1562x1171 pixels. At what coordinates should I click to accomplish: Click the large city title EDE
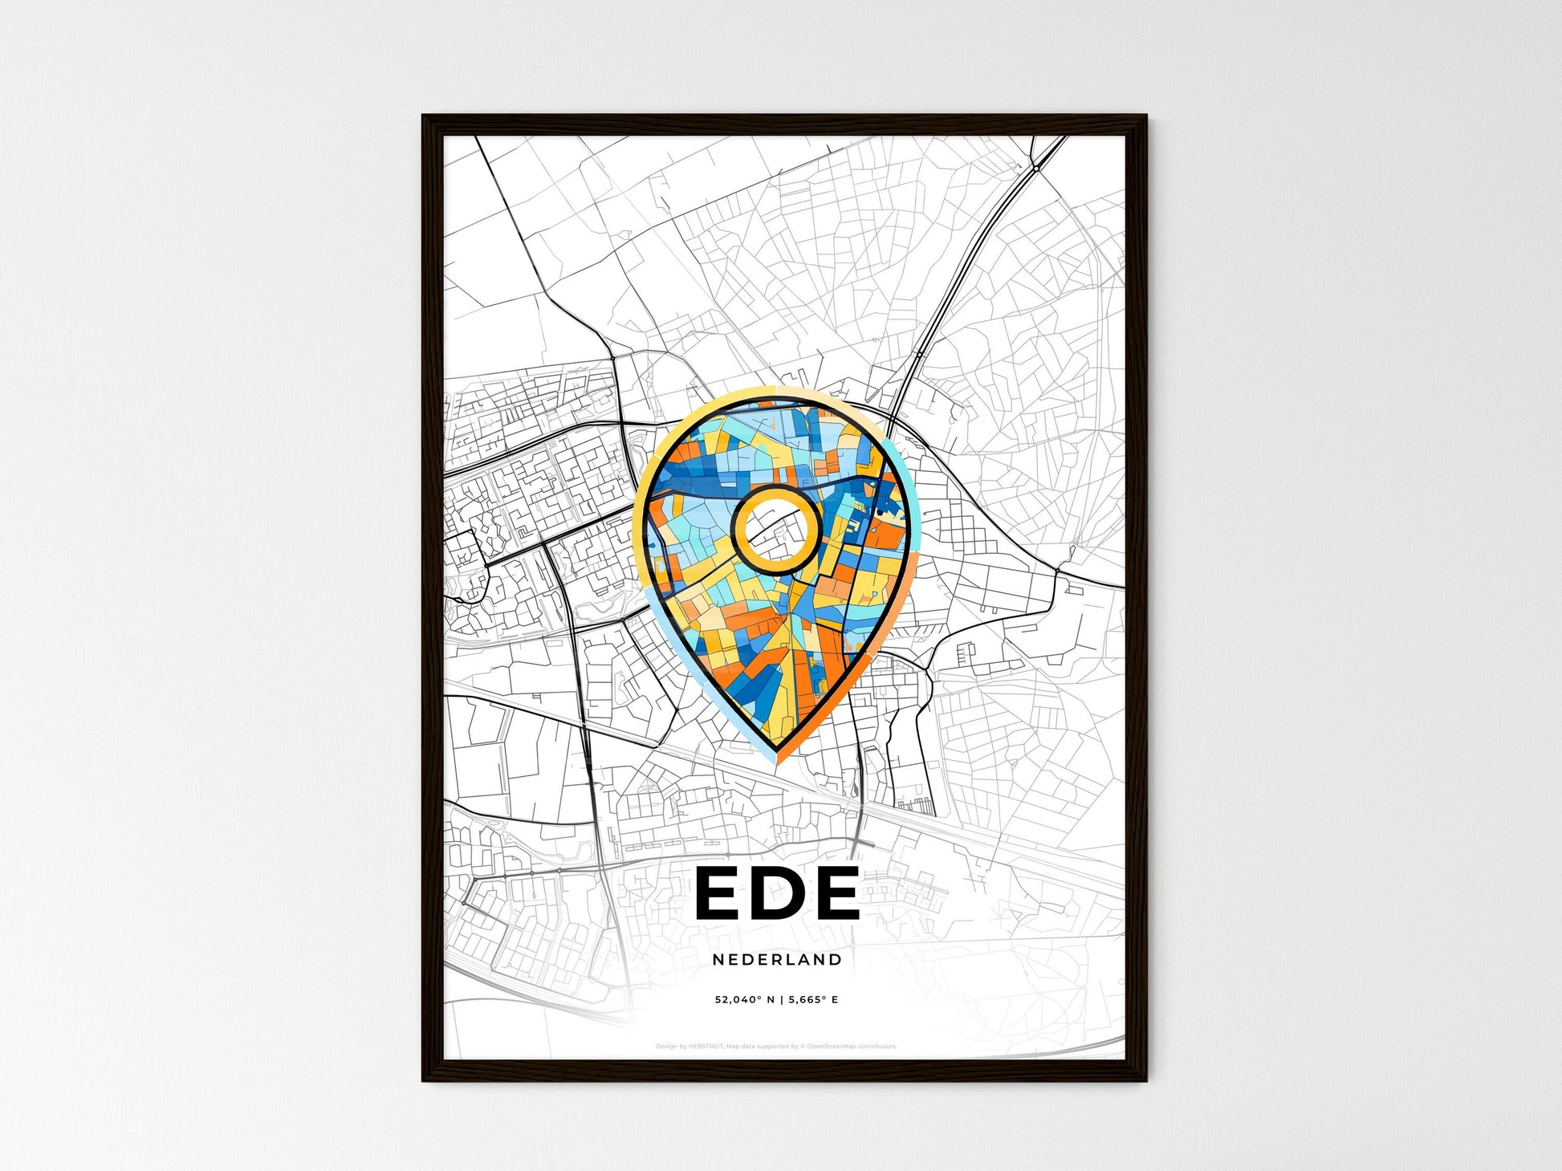click(x=777, y=892)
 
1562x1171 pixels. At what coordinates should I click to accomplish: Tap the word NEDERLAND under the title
click(x=777, y=959)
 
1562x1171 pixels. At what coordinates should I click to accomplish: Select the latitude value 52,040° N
click(x=745, y=1000)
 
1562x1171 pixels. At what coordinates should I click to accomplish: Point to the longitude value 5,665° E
click(x=813, y=1000)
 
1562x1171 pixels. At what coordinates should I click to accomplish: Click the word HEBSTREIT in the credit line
click(x=706, y=1047)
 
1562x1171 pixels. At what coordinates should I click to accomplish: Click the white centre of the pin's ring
click(x=775, y=531)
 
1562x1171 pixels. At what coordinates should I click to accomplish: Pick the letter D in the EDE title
click(x=778, y=892)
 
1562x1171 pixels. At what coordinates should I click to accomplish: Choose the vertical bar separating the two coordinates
click(x=781, y=1000)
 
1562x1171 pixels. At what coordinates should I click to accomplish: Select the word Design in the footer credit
click(x=665, y=1047)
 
